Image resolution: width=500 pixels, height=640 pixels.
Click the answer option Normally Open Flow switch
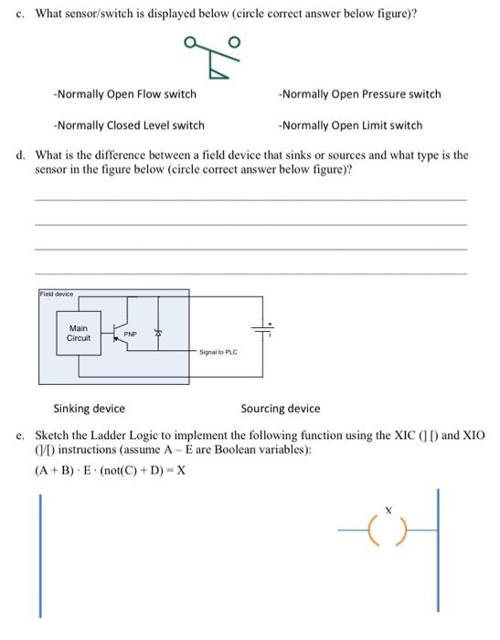[x=124, y=94]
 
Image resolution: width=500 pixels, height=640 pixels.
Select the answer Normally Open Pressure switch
[x=360, y=94]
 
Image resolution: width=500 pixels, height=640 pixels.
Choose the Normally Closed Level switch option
[x=129, y=125]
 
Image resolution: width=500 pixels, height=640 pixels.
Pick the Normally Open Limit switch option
[x=351, y=125]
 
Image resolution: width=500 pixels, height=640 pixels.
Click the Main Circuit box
[x=79, y=334]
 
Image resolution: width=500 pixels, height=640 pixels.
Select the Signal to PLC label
[x=218, y=350]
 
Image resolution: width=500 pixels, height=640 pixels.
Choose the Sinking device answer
[x=90, y=409]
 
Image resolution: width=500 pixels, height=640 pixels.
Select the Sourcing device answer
[x=281, y=409]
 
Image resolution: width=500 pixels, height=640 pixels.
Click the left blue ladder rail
[x=40, y=555]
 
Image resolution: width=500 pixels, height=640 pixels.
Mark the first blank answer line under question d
[x=250, y=199]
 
